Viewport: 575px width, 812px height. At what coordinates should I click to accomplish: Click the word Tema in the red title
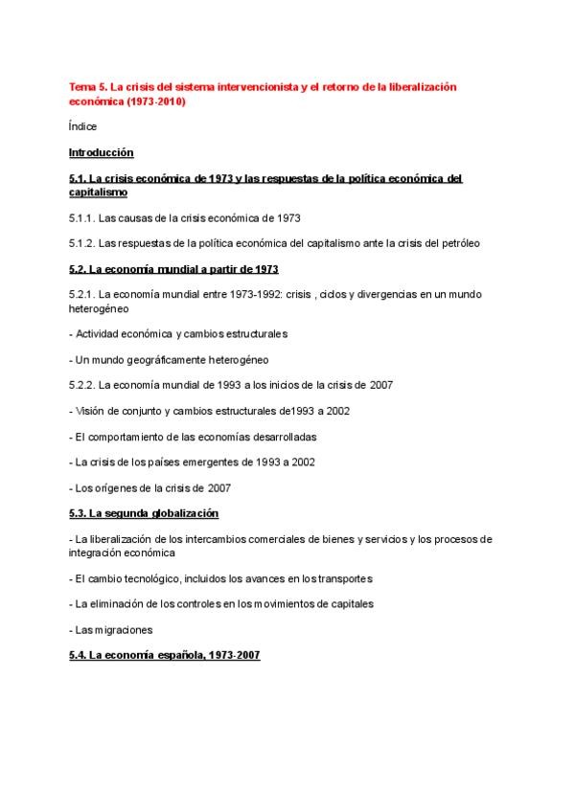click(x=81, y=87)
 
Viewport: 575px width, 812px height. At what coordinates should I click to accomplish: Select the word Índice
click(x=82, y=126)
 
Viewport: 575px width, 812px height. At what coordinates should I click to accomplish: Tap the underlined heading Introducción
click(x=101, y=152)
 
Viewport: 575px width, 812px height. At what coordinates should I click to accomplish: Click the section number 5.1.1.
click(x=83, y=217)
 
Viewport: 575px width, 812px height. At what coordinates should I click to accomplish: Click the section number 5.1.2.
click(x=83, y=243)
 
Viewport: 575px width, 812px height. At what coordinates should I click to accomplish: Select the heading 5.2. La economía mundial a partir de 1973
click(x=173, y=269)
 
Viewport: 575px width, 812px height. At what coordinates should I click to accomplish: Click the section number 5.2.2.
click(x=83, y=385)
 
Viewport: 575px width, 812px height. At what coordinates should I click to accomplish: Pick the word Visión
click(x=90, y=411)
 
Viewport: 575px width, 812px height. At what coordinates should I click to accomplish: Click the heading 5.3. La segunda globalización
click(x=144, y=513)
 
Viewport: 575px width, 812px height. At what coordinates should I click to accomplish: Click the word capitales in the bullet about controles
click(x=345, y=604)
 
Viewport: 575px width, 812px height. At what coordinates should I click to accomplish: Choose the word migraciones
click(x=121, y=630)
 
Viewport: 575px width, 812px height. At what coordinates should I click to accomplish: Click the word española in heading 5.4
click(x=169, y=656)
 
